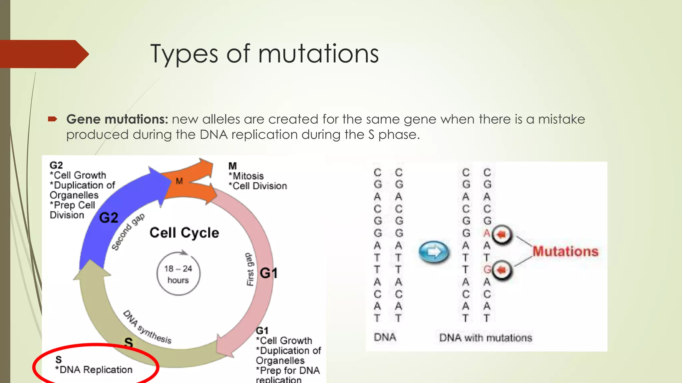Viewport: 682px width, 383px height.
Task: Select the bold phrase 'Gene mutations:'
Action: point(117,119)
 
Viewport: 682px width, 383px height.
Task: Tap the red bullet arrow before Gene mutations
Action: point(53,119)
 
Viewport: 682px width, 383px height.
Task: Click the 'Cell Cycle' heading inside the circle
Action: point(184,233)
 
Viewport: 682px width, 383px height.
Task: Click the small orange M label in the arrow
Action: point(179,181)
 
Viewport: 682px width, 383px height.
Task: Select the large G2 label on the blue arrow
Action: point(109,218)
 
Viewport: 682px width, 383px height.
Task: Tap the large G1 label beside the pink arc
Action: point(268,273)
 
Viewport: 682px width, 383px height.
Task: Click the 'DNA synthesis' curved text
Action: point(148,327)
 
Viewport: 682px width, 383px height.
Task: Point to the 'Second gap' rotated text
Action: point(128,232)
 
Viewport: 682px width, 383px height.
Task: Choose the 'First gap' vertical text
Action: point(250,269)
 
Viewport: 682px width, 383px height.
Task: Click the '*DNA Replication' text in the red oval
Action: point(94,370)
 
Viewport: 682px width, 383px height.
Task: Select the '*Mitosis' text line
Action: point(246,176)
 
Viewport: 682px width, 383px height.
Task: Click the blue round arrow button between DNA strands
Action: point(434,252)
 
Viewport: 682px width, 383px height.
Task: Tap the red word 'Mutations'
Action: point(565,251)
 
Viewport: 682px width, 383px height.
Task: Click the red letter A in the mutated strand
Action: point(487,233)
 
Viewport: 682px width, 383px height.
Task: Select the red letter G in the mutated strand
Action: point(487,270)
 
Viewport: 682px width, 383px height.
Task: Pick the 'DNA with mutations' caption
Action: point(486,338)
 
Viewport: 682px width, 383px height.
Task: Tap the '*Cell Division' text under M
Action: point(258,186)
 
